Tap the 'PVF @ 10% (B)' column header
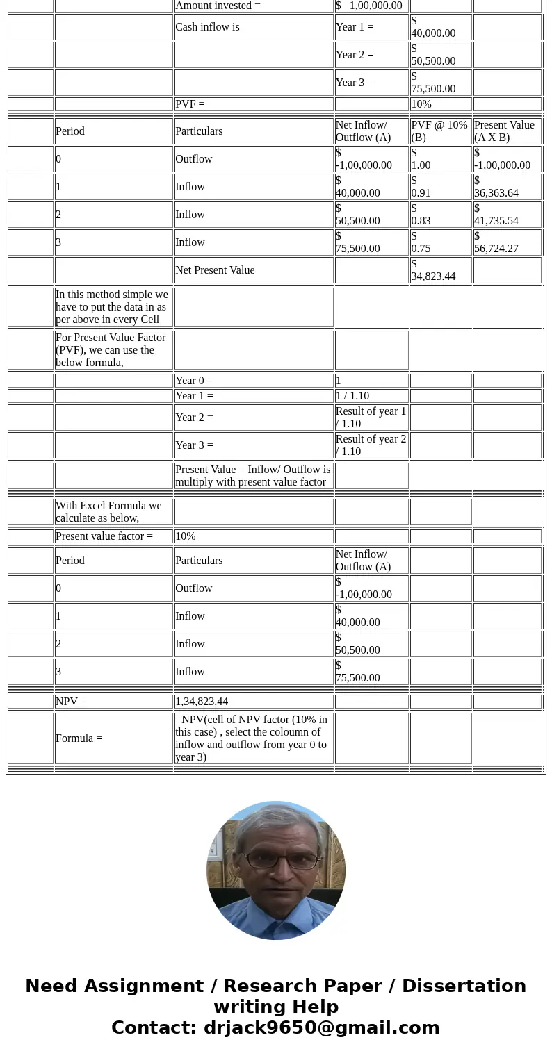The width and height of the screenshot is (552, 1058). click(439, 131)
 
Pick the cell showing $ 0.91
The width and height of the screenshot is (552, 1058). click(439, 187)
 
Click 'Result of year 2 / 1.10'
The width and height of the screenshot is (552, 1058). click(371, 445)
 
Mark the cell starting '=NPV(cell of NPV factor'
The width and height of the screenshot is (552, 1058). click(253, 738)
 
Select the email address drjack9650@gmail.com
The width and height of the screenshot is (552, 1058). click(321, 1028)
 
